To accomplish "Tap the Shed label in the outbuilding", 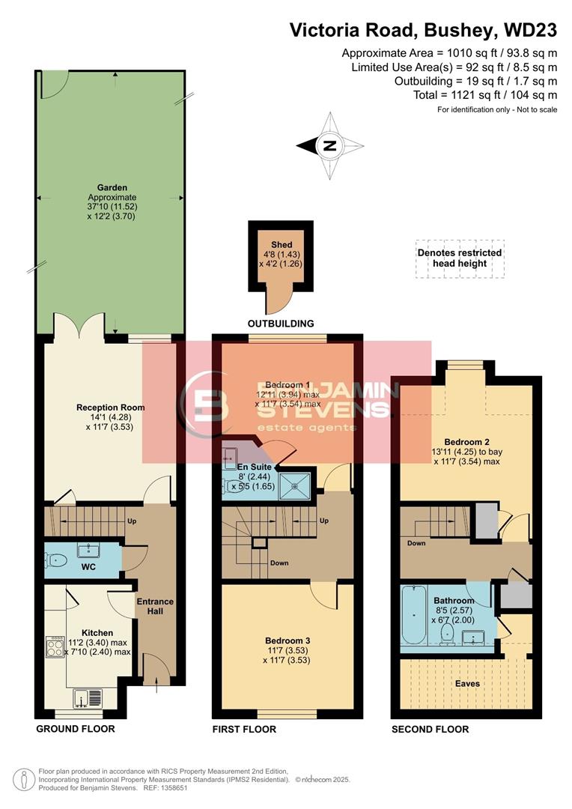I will (x=282, y=245).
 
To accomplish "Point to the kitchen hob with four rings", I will (x=56, y=647).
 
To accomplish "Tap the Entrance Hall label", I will (x=155, y=606).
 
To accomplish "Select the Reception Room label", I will (x=111, y=407).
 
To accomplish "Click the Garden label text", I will (x=112, y=188).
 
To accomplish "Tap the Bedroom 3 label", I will (x=287, y=640).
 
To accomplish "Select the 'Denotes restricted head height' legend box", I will (x=460, y=258).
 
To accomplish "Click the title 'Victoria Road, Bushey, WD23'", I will (x=423, y=31).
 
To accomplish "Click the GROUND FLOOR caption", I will (x=76, y=729).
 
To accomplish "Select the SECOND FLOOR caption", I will (x=430, y=729).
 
